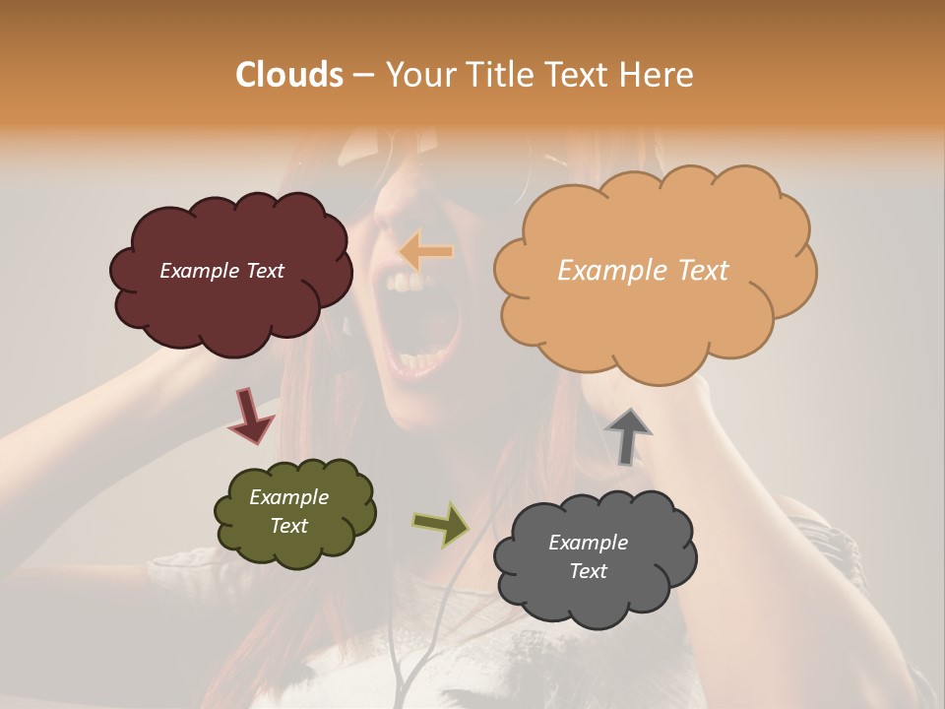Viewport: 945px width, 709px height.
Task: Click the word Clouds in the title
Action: [289, 75]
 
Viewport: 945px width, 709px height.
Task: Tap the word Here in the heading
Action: [659, 75]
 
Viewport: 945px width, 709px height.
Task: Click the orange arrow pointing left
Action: [425, 252]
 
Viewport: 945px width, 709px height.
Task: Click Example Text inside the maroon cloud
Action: [221, 271]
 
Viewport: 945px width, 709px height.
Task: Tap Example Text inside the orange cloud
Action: [643, 271]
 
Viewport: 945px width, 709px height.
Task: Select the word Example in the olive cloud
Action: [288, 497]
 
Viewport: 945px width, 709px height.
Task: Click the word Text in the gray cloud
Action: [588, 571]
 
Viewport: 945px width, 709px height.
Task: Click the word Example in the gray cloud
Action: [588, 543]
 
